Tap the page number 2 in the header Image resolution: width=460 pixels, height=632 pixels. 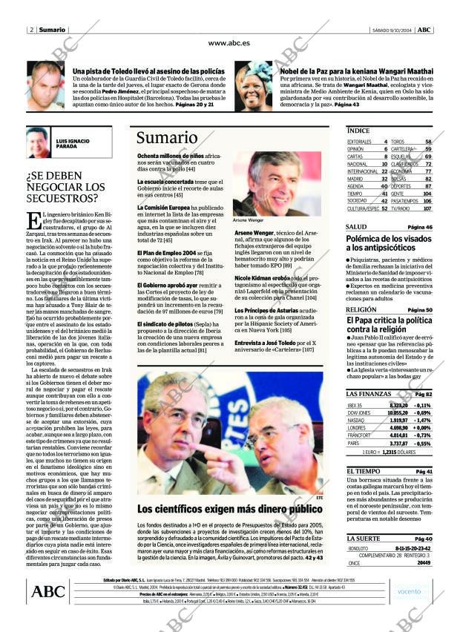(31, 30)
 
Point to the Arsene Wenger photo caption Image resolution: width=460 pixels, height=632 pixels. (248, 221)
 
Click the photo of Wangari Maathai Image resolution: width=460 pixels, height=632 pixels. (254, 86)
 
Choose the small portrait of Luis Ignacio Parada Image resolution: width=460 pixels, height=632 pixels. (37, 142)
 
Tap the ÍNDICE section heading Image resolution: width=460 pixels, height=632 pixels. (358, 131)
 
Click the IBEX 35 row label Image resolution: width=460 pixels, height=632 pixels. (355, 406)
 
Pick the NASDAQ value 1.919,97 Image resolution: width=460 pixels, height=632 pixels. (398, 419)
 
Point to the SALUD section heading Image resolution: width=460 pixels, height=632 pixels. (356, 227)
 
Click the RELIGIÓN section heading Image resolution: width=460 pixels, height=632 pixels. (361, 309)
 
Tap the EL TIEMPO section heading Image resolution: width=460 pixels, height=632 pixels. (363, 472)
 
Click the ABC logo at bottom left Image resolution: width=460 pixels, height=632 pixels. (48, 591)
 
